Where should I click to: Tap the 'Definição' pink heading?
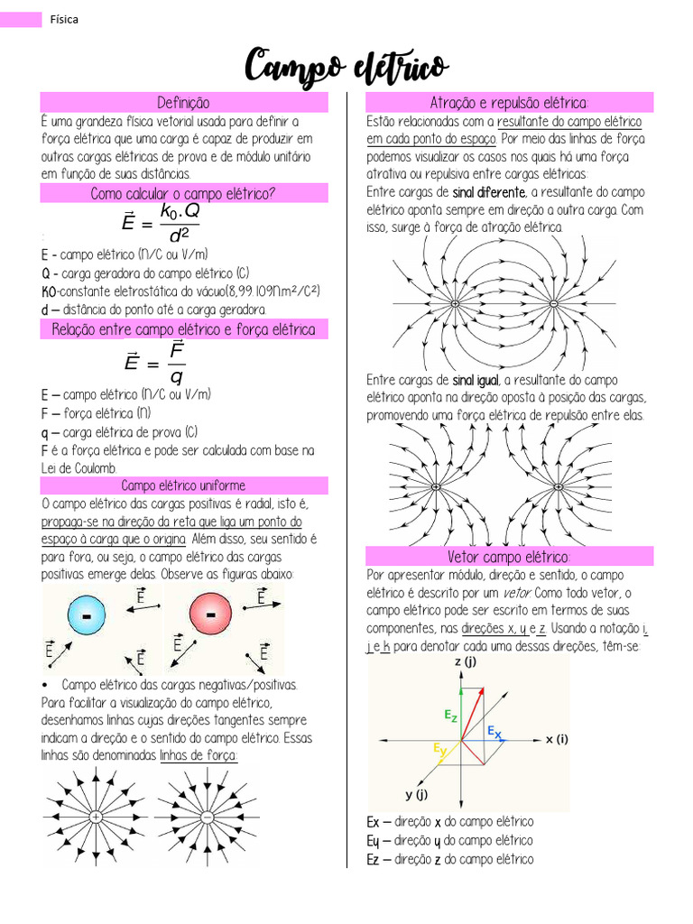(x=184, y=102)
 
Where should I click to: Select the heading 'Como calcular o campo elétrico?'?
(x=184, y=193)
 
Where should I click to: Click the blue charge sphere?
(x=87, y=617)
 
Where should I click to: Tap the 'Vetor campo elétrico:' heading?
(x=509, y=556)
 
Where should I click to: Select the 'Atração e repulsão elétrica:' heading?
(x=509, y=102)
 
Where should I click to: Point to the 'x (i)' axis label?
(x=557, y=739)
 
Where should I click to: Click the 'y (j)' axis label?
(x=416, y=794)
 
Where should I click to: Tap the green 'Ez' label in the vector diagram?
(x=450, y=715)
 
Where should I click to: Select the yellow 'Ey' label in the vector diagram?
(x=439, y=749)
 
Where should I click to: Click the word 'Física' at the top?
(x=64, y=19)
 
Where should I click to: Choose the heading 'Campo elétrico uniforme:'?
(x=184, y=486)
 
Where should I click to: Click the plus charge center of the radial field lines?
(x=95, y=818)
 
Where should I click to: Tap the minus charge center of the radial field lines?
(x=207, y=818)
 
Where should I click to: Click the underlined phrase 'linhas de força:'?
(x=199, y=755)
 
